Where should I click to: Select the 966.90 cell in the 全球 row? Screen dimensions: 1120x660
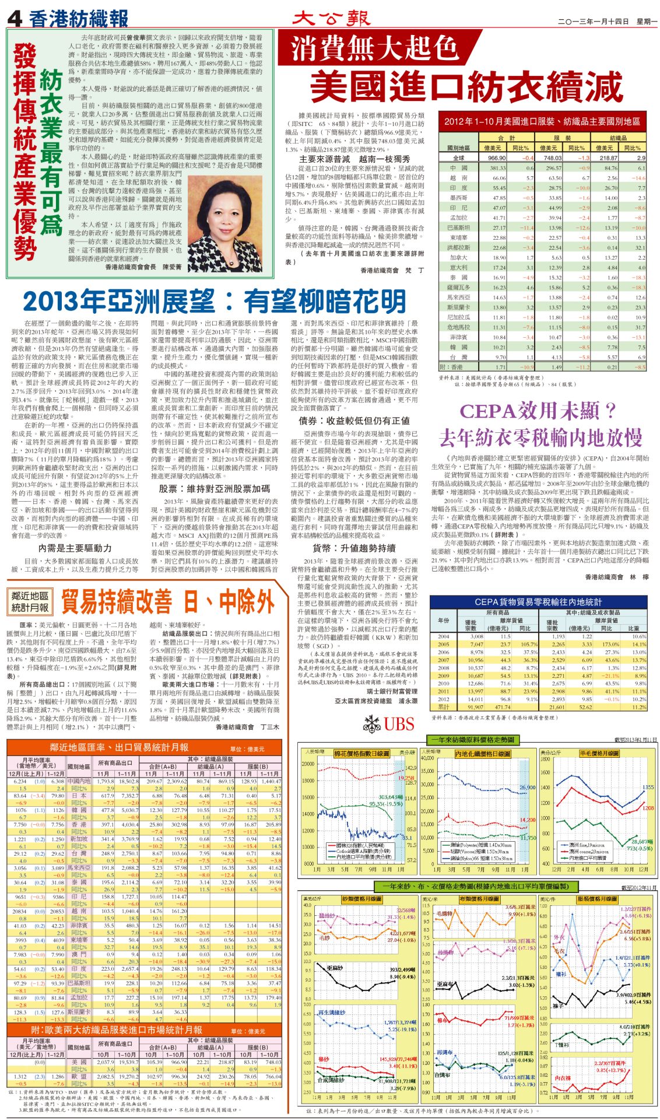tap(496, 158)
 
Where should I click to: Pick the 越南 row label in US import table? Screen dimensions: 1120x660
tap(458, 177)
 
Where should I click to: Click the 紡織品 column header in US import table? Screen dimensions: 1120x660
tap(617, 138)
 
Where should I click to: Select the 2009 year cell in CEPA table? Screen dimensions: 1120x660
tap(444, 675)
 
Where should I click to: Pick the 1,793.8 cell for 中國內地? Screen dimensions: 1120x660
tap(106, 781)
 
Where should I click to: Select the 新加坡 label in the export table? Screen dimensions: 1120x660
tap(78, 839)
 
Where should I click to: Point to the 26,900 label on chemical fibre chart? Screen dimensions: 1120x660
tap(526, 787)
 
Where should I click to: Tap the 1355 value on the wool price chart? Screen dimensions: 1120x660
tap(648, 787)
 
